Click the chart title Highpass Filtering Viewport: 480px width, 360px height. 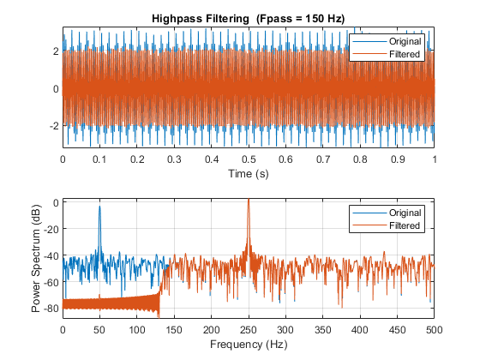tap(197, 18)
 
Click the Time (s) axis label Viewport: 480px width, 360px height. tap(249, 174)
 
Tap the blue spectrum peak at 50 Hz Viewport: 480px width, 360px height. tap(99, 207)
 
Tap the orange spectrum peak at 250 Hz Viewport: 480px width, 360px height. tap(249, 201)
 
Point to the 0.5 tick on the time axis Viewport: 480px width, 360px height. tap(249, 160)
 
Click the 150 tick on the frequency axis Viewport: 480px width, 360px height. tap(174, 328)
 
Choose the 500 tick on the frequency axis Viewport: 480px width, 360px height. tap(434, 328)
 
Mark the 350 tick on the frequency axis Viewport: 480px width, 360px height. tap(322, 328)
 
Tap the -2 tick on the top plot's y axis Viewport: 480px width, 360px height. tap(53, 125)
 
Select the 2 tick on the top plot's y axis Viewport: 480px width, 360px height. tap(55, 51)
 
